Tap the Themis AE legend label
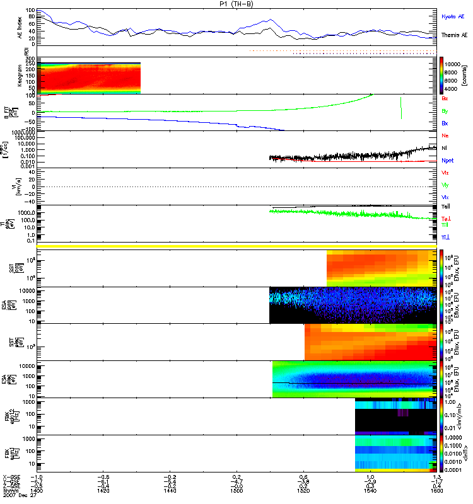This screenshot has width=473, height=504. (x=454, y=36)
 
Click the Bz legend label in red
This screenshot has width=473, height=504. (x=445, y=99)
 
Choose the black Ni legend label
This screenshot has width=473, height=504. (x=445, y=148)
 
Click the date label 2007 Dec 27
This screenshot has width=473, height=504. (x=19, y=497)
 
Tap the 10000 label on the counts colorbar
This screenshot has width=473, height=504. (x=457, y=64)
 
